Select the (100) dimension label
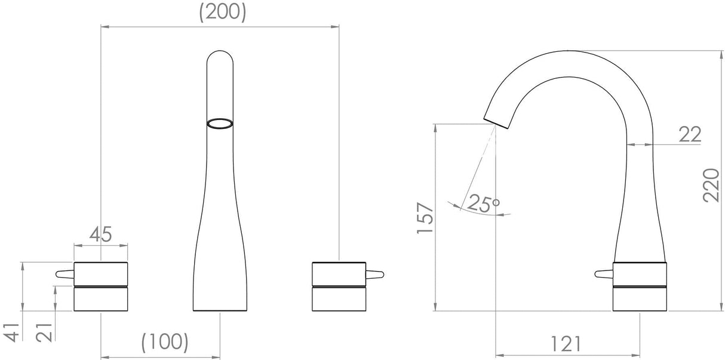[165, 341]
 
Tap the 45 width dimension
[101, 234]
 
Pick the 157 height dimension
[425, 217]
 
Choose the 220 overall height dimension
[711, 184]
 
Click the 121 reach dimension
[566, 343]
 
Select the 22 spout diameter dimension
[690, 134]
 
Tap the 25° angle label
[483, 204]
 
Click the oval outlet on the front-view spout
[219, 123]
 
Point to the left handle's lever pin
[63, 274]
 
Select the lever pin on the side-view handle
[604, 274]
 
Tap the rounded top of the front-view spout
[219, 56]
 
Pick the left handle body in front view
[100, 286]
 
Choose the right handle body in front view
[339, 286]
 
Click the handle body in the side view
[640, 286]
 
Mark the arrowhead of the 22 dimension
[629, 144]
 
